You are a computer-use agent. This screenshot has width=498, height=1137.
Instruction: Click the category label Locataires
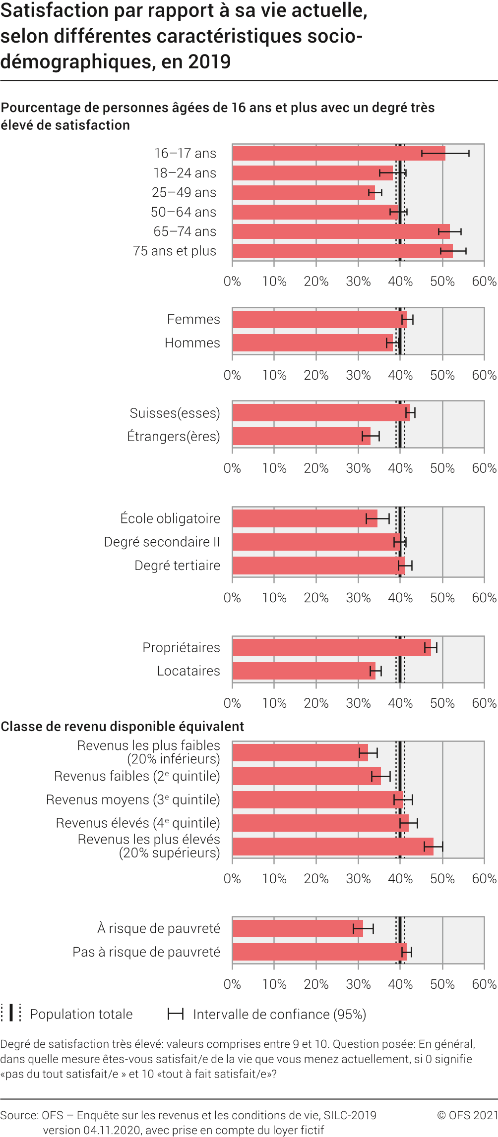[188, 671]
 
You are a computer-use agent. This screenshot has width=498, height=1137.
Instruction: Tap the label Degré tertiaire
[177, 566]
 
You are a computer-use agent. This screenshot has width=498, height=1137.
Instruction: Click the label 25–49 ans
[184, 192]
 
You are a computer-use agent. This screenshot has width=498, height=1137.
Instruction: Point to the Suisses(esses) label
[175, 413]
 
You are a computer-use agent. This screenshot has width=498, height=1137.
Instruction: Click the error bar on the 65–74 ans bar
[450, 231]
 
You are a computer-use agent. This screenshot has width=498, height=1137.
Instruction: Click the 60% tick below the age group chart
[484, 282]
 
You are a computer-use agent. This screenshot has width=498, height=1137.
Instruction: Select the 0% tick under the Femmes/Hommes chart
[232, 375]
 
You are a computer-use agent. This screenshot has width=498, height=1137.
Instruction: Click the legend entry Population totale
[81, 1014]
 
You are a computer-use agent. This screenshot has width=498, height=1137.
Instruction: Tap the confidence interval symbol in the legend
[176, 1014]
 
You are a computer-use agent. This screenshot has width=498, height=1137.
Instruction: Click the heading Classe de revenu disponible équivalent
[123, 727]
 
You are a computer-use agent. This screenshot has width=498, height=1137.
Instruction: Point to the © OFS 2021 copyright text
[467, 1115]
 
